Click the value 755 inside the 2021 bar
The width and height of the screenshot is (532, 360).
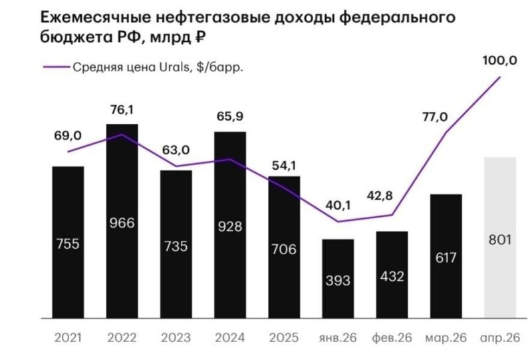(68, 244)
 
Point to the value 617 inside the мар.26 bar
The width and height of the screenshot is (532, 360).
(446, 258)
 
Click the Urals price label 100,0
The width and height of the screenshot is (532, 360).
(499, 61)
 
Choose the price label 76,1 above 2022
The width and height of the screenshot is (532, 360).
(122, 110)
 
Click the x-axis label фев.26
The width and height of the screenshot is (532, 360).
(392, 337)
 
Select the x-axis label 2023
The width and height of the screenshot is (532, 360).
(176, 337)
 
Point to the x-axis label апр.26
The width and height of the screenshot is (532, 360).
(499, 337)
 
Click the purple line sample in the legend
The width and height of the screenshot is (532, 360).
(56, 67)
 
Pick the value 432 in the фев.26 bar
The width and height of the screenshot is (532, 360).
(392, 275)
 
